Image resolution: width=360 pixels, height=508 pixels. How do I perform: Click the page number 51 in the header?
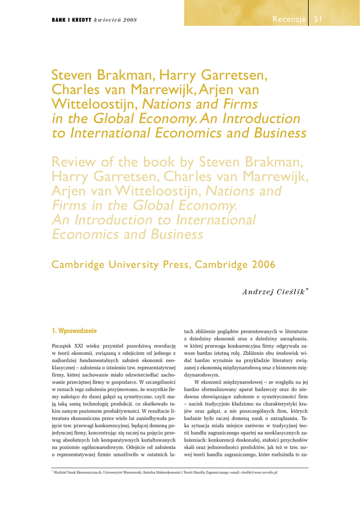tap(318, 19)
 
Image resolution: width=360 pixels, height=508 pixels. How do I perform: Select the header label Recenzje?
tap(289, 19)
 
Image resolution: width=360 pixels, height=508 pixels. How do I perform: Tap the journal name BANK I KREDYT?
tap(71, 20)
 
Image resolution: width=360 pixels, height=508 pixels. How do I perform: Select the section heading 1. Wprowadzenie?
tap(74, 330)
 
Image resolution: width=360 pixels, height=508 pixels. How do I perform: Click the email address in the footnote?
tap(253, 472)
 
